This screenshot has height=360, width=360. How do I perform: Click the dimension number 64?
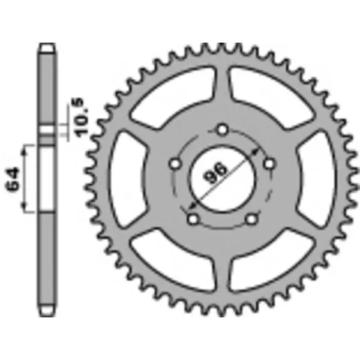coord(16,178)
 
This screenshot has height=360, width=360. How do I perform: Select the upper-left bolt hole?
coord(175,163)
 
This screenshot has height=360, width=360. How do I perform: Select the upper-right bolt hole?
coord(270,162)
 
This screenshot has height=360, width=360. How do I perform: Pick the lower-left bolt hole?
coord(193,219)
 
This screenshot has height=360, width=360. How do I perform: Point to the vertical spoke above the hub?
coord(223,90)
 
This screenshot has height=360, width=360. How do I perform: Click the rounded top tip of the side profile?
coord(47,48)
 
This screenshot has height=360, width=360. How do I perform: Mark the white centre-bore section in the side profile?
coord(47,178)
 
